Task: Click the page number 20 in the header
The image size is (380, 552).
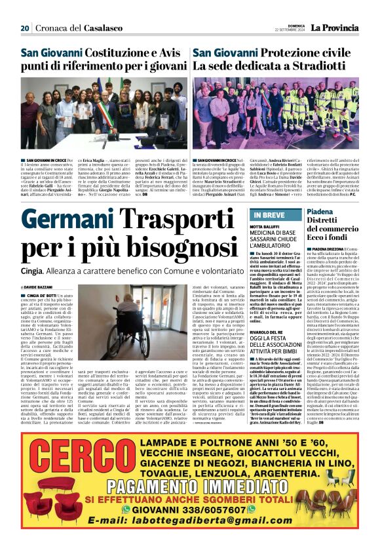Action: click(x=25, y=28)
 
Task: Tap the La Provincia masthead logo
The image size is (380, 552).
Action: click(x=336, y=27)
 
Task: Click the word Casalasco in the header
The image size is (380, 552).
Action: click(x=104, y=28)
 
